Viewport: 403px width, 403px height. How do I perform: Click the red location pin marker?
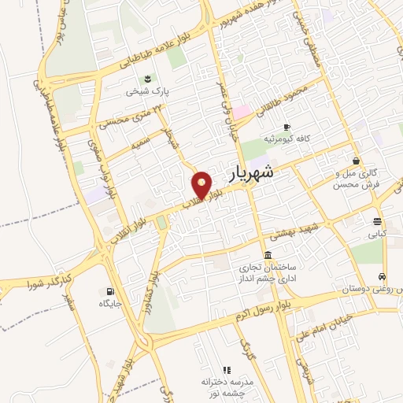tap(202, 186)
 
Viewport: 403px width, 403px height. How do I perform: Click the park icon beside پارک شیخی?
tap(147, 78)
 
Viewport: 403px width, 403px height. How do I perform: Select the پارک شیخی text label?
tap(147, 91)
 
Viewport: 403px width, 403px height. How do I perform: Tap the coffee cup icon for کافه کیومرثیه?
tap(287, 127)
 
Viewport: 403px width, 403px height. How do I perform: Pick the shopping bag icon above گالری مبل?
tap(357, 161)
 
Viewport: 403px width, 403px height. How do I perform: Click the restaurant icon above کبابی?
tap(377, 221)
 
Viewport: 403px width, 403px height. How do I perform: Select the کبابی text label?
tap(377, 234)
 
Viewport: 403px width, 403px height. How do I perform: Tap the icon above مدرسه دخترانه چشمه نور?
tap(226, 369)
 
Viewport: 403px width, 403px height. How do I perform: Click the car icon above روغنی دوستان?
tap(382, 277)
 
